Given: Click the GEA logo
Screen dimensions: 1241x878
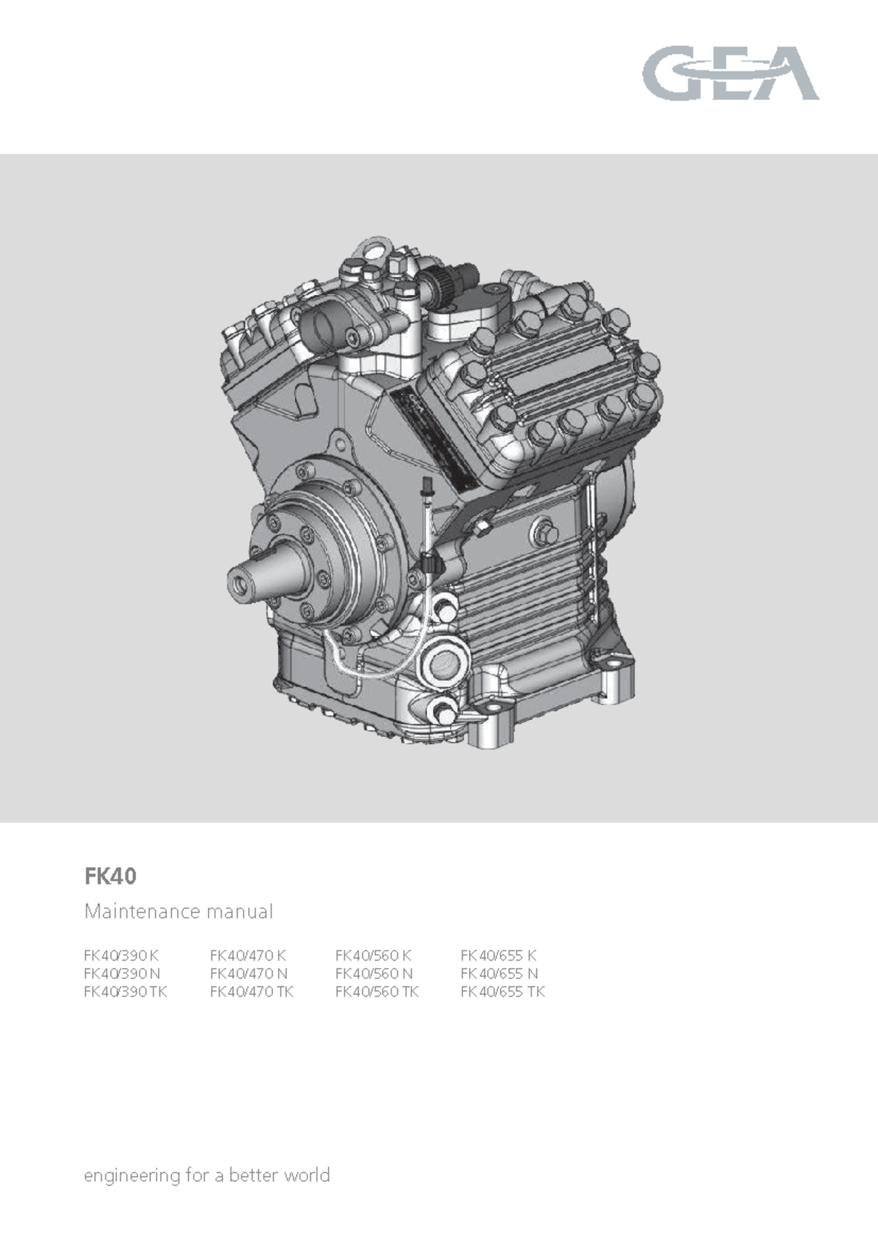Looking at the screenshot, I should click(730, 73).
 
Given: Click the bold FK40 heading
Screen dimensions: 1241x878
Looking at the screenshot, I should click(110, 877).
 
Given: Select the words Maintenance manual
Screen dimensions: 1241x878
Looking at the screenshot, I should click(179, 912).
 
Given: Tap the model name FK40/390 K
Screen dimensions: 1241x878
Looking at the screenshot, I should click(121, 956).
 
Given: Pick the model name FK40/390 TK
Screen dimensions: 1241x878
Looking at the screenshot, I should click(125, 992).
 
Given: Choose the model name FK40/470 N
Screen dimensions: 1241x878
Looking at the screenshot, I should click(249, 974).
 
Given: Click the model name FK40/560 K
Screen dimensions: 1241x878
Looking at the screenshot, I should click(373, 956).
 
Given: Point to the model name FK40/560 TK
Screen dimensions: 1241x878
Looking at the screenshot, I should click(377, 992).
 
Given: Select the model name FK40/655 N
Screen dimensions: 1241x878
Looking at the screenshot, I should click(499, 974).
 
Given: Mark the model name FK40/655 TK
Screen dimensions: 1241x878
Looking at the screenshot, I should click(503, 992).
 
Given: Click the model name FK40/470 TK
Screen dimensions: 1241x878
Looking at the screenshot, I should click(252, 992).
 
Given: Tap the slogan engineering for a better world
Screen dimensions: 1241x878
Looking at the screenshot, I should click(207, 1175).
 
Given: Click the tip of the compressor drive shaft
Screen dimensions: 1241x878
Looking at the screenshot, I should click(239, 582).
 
